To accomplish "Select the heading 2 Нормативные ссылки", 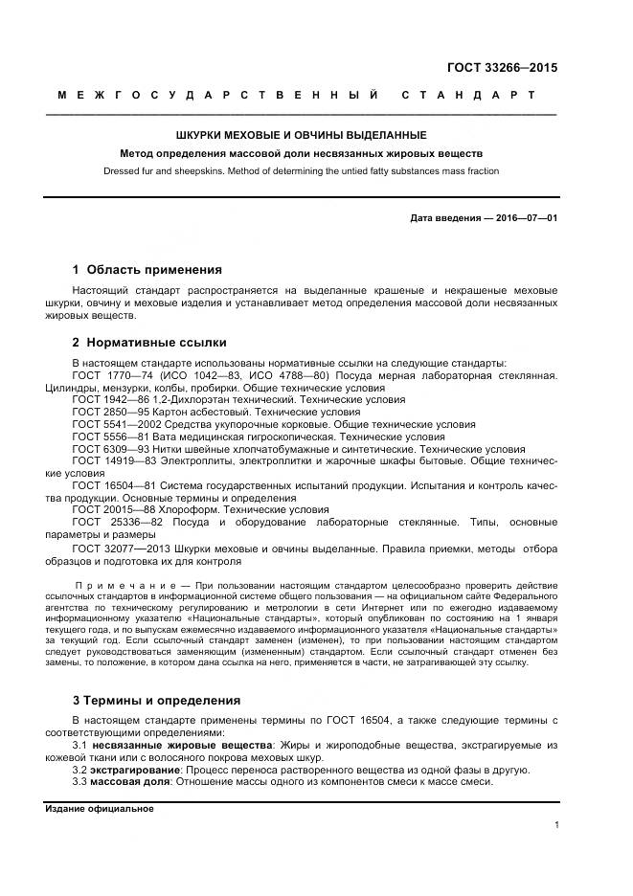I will pyautogui.click(x=149, y=343).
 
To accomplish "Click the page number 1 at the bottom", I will pyautogui.click(x=555, y=825).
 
